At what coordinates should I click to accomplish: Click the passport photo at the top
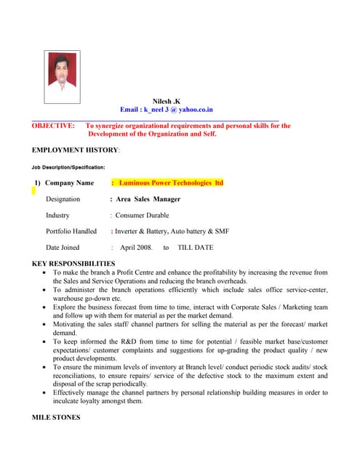tap(61, 79)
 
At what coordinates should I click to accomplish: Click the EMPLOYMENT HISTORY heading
tap(76, 150)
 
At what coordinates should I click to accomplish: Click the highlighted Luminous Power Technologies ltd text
tap(171, 183)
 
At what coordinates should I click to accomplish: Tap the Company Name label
tap(70, 183)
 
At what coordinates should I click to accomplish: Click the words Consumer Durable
tap(142, 215)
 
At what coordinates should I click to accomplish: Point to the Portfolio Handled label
tap(71, 231)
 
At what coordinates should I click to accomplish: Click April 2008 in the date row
tap(136, 248)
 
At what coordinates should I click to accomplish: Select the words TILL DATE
tap(196, 248)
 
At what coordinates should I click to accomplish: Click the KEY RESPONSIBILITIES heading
tap(73, 263)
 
